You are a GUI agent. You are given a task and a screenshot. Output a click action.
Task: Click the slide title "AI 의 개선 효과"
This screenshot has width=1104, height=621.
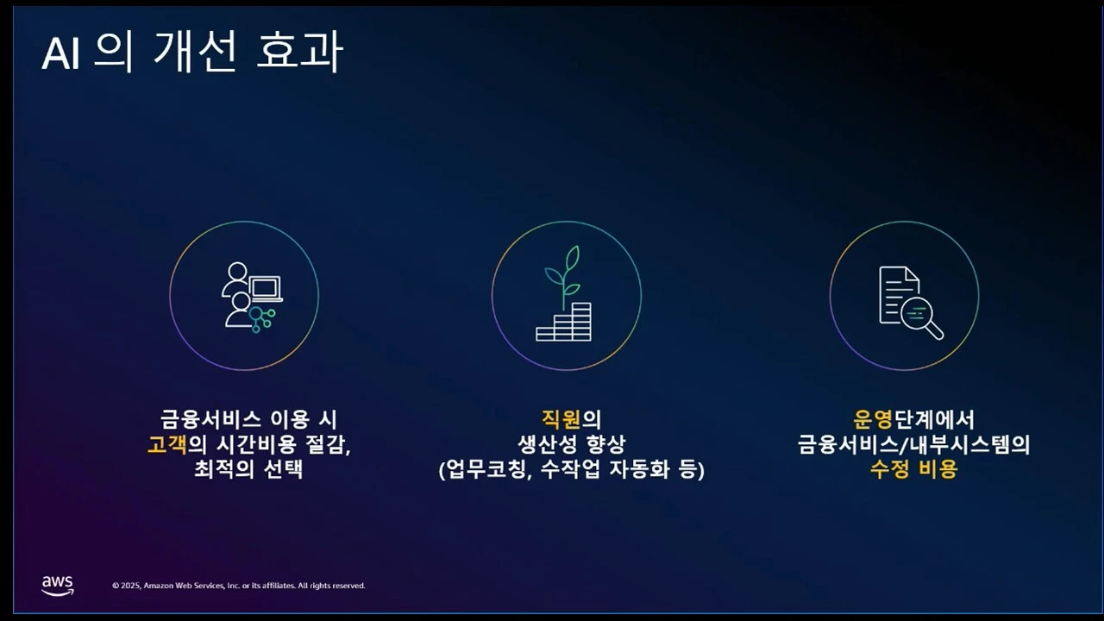click(192, 53)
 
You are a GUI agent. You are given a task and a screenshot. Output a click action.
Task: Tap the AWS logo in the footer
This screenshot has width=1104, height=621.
click(58, 586)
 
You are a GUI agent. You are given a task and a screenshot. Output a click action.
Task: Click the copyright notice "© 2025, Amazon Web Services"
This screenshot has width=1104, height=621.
click(239, 586)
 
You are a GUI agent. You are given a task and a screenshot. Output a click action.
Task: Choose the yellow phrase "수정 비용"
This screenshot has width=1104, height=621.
click(913, 470)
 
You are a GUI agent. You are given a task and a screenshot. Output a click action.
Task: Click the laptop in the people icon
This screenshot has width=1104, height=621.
click(266, 288)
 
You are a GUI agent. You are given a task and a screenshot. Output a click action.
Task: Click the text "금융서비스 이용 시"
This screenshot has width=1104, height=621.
click(248, 419)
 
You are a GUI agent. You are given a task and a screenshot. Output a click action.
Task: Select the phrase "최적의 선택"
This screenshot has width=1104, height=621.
click(248, 470)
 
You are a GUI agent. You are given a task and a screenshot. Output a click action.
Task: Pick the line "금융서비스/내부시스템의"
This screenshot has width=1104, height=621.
click(913, 445)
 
